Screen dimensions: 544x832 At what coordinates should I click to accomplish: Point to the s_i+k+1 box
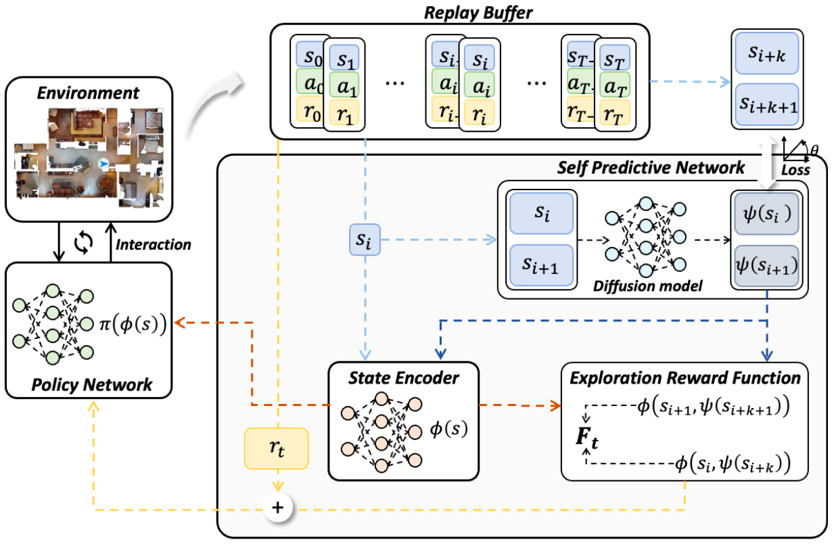(x=766, y=104)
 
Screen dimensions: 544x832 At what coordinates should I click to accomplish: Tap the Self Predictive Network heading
(x=650, y=167)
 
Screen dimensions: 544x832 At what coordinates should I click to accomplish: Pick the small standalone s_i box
(x=365, y=240)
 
